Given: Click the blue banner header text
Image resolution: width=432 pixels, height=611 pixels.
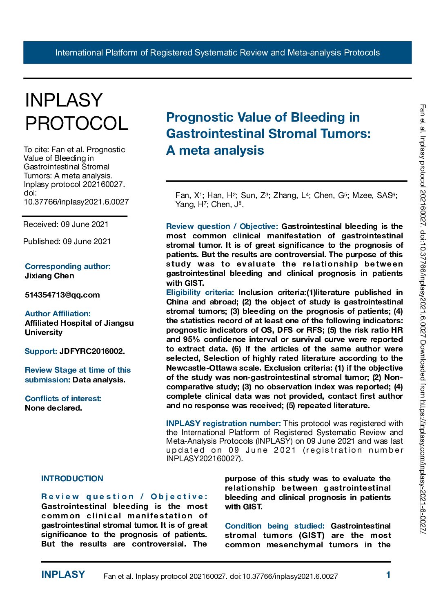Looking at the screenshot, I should pyautogui.click(x=217, y=53).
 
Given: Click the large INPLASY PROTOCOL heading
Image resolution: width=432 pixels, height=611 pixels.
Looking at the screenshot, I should pyautogui.click(x=76, y=112).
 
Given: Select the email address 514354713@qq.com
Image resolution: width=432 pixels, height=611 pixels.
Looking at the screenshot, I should pyautogui.click(x=62, y=295).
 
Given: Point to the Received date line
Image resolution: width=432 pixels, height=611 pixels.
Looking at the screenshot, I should pyautogui.click(x=66, y=224).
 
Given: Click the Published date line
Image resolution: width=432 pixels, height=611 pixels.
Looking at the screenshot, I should pyautogui.click(x=67, y=241).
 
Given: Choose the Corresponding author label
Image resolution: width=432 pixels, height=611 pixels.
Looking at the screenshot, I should pyautogui.click(x=67, y=266).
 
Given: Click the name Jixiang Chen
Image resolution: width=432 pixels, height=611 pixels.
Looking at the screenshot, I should pyautogui.click(x=49, y=276).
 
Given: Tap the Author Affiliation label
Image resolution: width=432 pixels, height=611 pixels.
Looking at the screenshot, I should pyautogui.click(x=58, y=313).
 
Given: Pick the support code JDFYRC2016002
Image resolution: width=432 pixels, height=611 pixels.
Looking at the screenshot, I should pyautogui.click(x=92, y=351).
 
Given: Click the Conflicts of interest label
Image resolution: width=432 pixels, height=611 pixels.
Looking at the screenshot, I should pyautogui.click(x=63, y=398).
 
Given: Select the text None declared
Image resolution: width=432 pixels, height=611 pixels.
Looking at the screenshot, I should pyautogui.click(x=53, y=408).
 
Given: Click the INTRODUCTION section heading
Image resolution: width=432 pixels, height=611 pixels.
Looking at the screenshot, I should pyautogui.click(x=72, y=478).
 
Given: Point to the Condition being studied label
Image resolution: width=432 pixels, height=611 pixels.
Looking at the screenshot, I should pyautogui.click(x=274, y=526).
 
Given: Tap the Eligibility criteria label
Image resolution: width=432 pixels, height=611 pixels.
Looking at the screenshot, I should pyautogui.click(x=200, y=292).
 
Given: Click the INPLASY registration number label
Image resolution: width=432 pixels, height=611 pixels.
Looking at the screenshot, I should pyautogui.click(x=223, y=423).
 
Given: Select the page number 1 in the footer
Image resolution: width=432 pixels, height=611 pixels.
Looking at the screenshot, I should pyautogui.click(x=388, y=575).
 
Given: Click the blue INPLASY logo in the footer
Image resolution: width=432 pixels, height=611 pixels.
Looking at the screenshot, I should pyautogui.click(x=63, y=575).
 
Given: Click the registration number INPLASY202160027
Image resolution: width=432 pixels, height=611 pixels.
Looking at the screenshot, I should pyautogui.click(x=203, y=458).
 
